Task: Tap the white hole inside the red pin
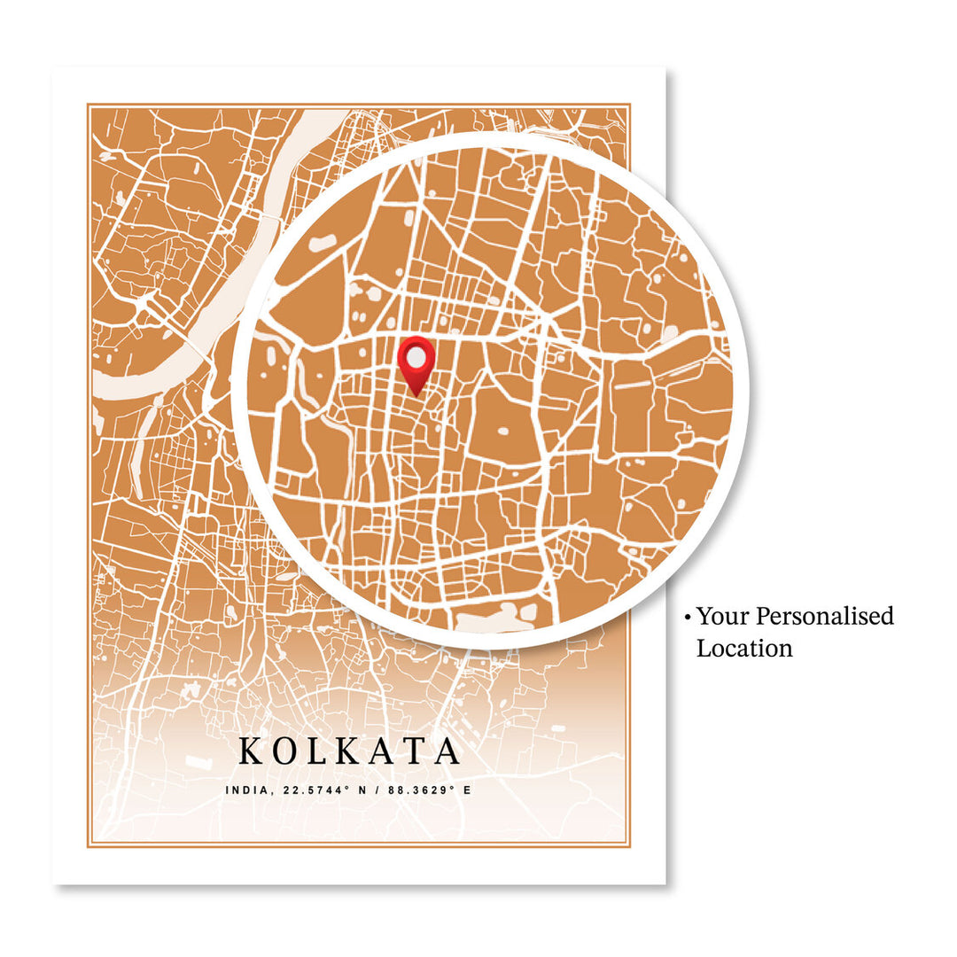coord(416,356)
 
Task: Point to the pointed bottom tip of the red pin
coord(416,394)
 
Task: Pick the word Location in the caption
coord(744,648)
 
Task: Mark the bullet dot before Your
coord(687,617)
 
